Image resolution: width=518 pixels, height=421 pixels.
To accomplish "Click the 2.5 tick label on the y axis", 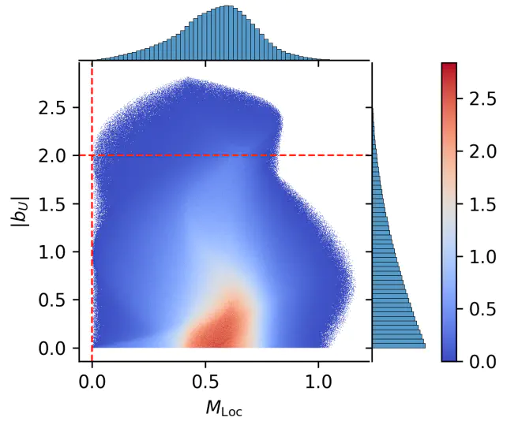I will click(53, 107).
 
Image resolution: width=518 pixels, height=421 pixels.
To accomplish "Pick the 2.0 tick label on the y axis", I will click(53, 155).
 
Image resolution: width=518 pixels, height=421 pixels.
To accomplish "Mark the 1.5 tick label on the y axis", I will click(53, 203).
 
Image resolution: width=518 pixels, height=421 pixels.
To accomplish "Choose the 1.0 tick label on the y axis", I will click(53, 251).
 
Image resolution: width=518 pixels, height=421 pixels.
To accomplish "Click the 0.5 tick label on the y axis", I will click(53, 300).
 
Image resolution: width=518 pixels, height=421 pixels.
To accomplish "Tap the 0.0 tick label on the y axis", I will click(53, 348).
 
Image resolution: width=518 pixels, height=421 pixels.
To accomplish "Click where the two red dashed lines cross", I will click(92, 155).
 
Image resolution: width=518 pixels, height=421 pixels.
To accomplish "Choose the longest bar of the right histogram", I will click(399, 345).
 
